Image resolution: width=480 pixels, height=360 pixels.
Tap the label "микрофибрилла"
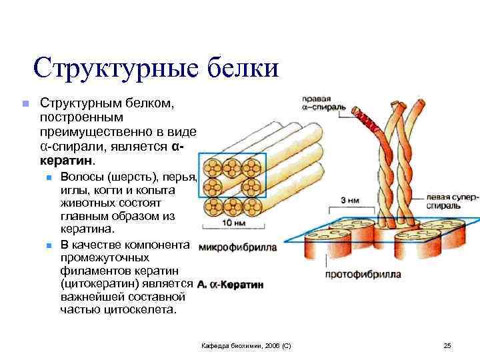pyautogui.click(x=237, y=247)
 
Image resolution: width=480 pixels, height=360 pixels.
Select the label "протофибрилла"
pyautogui.click(x=363, y=274)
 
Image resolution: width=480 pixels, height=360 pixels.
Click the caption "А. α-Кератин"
pyautogui.click(x=230, y=285)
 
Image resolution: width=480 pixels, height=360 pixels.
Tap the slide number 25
pyautogui.click(x=447, y=345)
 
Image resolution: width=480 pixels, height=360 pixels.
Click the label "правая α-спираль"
pyautogui.click(x=324, y=103)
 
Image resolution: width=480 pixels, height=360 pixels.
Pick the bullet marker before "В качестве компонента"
pyautogui.click(x=49, y=245)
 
